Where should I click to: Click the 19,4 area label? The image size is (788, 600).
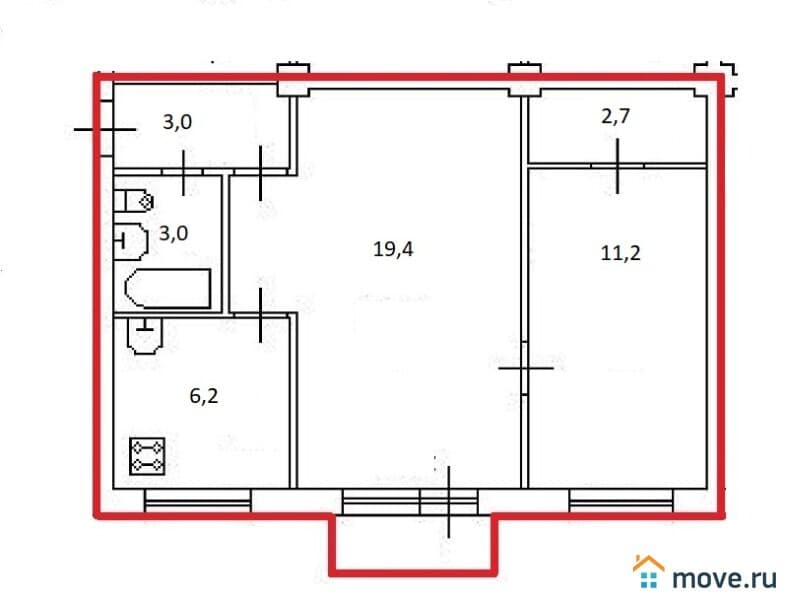tap(393, 249)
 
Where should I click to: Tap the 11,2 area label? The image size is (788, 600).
tap(621, 253)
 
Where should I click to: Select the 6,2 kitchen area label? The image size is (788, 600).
tap(204, 396)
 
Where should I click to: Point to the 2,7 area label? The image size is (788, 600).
tap(616, 117)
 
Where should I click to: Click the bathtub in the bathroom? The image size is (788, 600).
tap(167, 288)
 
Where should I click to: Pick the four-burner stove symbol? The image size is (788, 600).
tap(147, 456)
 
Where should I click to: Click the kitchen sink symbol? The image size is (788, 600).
tap(145, 336)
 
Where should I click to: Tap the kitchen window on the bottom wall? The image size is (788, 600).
tap(198, 501)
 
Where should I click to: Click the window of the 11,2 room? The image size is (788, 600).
tap(621, 501)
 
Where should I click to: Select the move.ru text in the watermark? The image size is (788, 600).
tap(724, 578)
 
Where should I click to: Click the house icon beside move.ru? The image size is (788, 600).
tap(648, 571)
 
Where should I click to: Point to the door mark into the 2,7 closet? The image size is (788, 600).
tap(618, 166)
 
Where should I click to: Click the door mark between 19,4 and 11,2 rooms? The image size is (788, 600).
tap(525, 368)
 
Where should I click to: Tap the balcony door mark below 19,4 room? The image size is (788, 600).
tap(449, 502)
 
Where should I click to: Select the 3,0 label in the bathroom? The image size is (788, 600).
tap(173, 234)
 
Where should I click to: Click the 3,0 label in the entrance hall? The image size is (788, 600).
tap(177, 122)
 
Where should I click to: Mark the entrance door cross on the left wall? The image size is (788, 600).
tap(105, 129)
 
